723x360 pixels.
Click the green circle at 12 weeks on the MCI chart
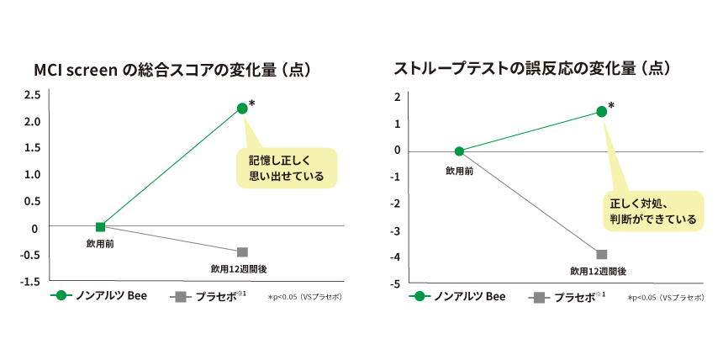coord(242,108)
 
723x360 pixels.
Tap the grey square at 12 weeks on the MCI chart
coord(242,252)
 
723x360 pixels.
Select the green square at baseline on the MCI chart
coord(101,226)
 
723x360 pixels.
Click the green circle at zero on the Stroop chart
coord(459,151)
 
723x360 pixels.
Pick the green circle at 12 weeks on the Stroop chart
coord(601,111)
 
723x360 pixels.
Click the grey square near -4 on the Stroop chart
coord(601,254)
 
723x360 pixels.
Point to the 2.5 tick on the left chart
coord(32,95)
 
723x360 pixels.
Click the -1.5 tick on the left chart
coord(30,281)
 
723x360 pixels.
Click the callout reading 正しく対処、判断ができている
coord(653,210)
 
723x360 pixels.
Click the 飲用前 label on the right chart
coord(459,169)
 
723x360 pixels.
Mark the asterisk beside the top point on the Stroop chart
coord(611,106)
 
